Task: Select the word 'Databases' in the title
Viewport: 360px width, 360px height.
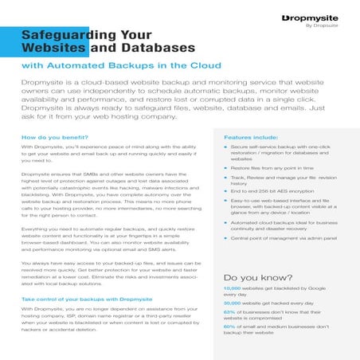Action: click(156, 49)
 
